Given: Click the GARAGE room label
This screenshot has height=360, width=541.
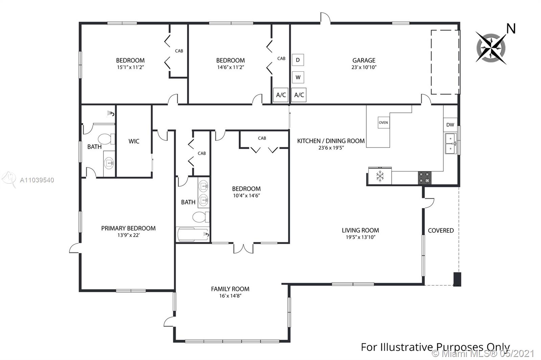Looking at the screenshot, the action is click(x=364, y=60).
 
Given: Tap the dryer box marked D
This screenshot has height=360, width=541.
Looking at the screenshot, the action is click(x=298, y=60).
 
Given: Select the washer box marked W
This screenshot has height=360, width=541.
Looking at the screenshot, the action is click(x=298, y=77).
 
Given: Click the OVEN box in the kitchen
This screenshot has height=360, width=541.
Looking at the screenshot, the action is click(x=383, y=123).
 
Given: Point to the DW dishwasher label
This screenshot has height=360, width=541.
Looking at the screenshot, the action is click(x=450, y=125).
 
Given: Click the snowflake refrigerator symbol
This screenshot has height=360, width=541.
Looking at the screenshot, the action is click(x=380, y=176).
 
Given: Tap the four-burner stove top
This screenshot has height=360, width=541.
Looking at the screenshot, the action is click(x=425, y=178).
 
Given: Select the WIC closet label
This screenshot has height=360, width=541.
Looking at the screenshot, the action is click(x=134, y=141).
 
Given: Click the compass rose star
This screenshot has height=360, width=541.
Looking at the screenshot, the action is click(x=491, y=48).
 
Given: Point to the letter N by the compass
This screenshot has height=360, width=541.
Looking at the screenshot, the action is click(x=511, y=29).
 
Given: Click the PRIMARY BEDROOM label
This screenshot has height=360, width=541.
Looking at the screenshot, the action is click(x=128, y=228).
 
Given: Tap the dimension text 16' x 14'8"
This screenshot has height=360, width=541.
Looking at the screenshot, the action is click(x=230, y=295).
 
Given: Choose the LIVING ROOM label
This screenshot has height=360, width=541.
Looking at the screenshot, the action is click(x=360, y=230).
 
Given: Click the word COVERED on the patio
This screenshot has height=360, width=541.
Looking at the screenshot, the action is click(x=441, y=230).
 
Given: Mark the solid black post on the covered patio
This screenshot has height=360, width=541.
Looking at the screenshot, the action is click(x=457, y=279).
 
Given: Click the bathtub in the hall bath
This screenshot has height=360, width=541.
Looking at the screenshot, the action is click(x=193, y=234).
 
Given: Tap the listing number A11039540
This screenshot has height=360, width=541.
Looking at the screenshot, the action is click(x=37, y=180).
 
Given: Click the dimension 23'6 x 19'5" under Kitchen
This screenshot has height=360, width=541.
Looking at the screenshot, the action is click(x=331, y=148).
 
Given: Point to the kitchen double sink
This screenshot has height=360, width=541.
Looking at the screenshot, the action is click(x=451, y=144).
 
